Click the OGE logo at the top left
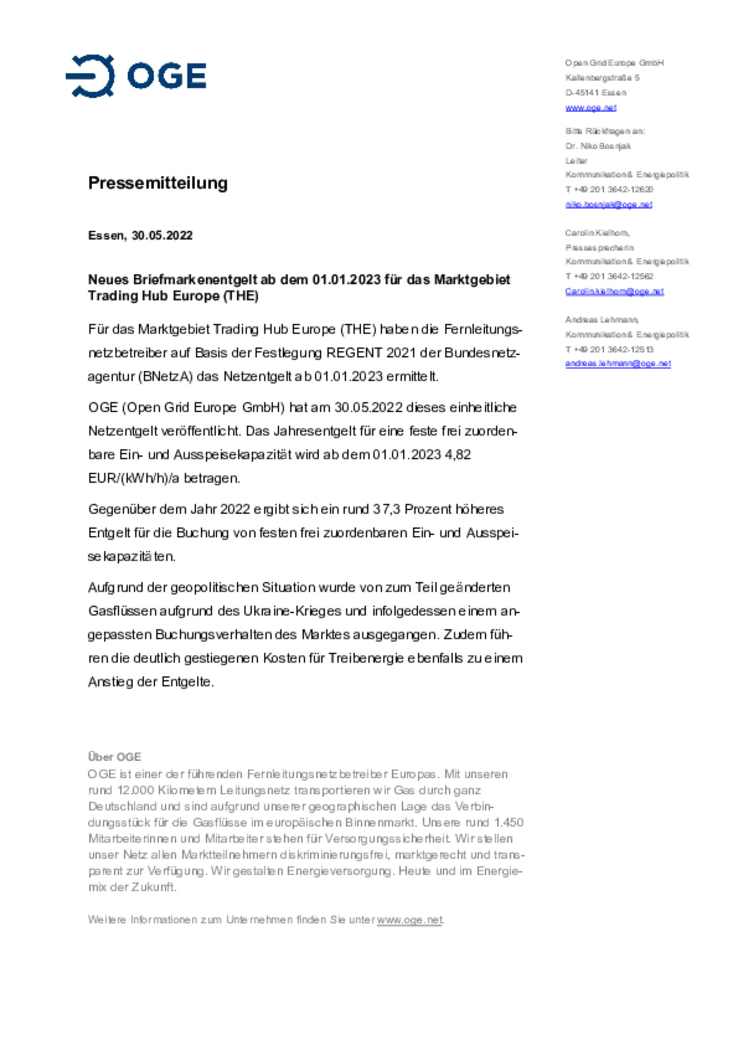136,76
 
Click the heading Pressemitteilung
157,183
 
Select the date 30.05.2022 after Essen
162,235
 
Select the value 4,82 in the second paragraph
458,455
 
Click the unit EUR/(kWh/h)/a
134,478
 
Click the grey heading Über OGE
114,757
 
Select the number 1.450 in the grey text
508,822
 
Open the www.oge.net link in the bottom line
409,920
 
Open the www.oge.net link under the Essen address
590,108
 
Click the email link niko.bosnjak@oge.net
608,205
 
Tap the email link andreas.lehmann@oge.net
618,364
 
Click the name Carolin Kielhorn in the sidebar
597,233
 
